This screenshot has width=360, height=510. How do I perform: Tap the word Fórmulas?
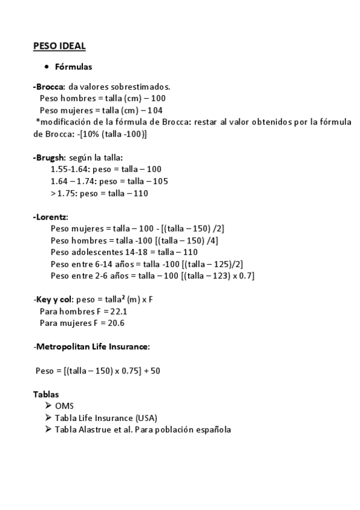tap(73, 66)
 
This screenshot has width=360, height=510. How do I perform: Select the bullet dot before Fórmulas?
tap(46, 66)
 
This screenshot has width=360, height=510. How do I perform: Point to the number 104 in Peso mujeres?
tap(154, 110)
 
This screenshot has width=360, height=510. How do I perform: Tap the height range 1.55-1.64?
tap(70, 170)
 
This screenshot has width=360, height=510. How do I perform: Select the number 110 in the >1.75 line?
tap(141, 193)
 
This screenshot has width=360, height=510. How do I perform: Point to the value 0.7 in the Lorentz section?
tap(245, 275)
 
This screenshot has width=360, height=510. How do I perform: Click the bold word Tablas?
tap(46, 394)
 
